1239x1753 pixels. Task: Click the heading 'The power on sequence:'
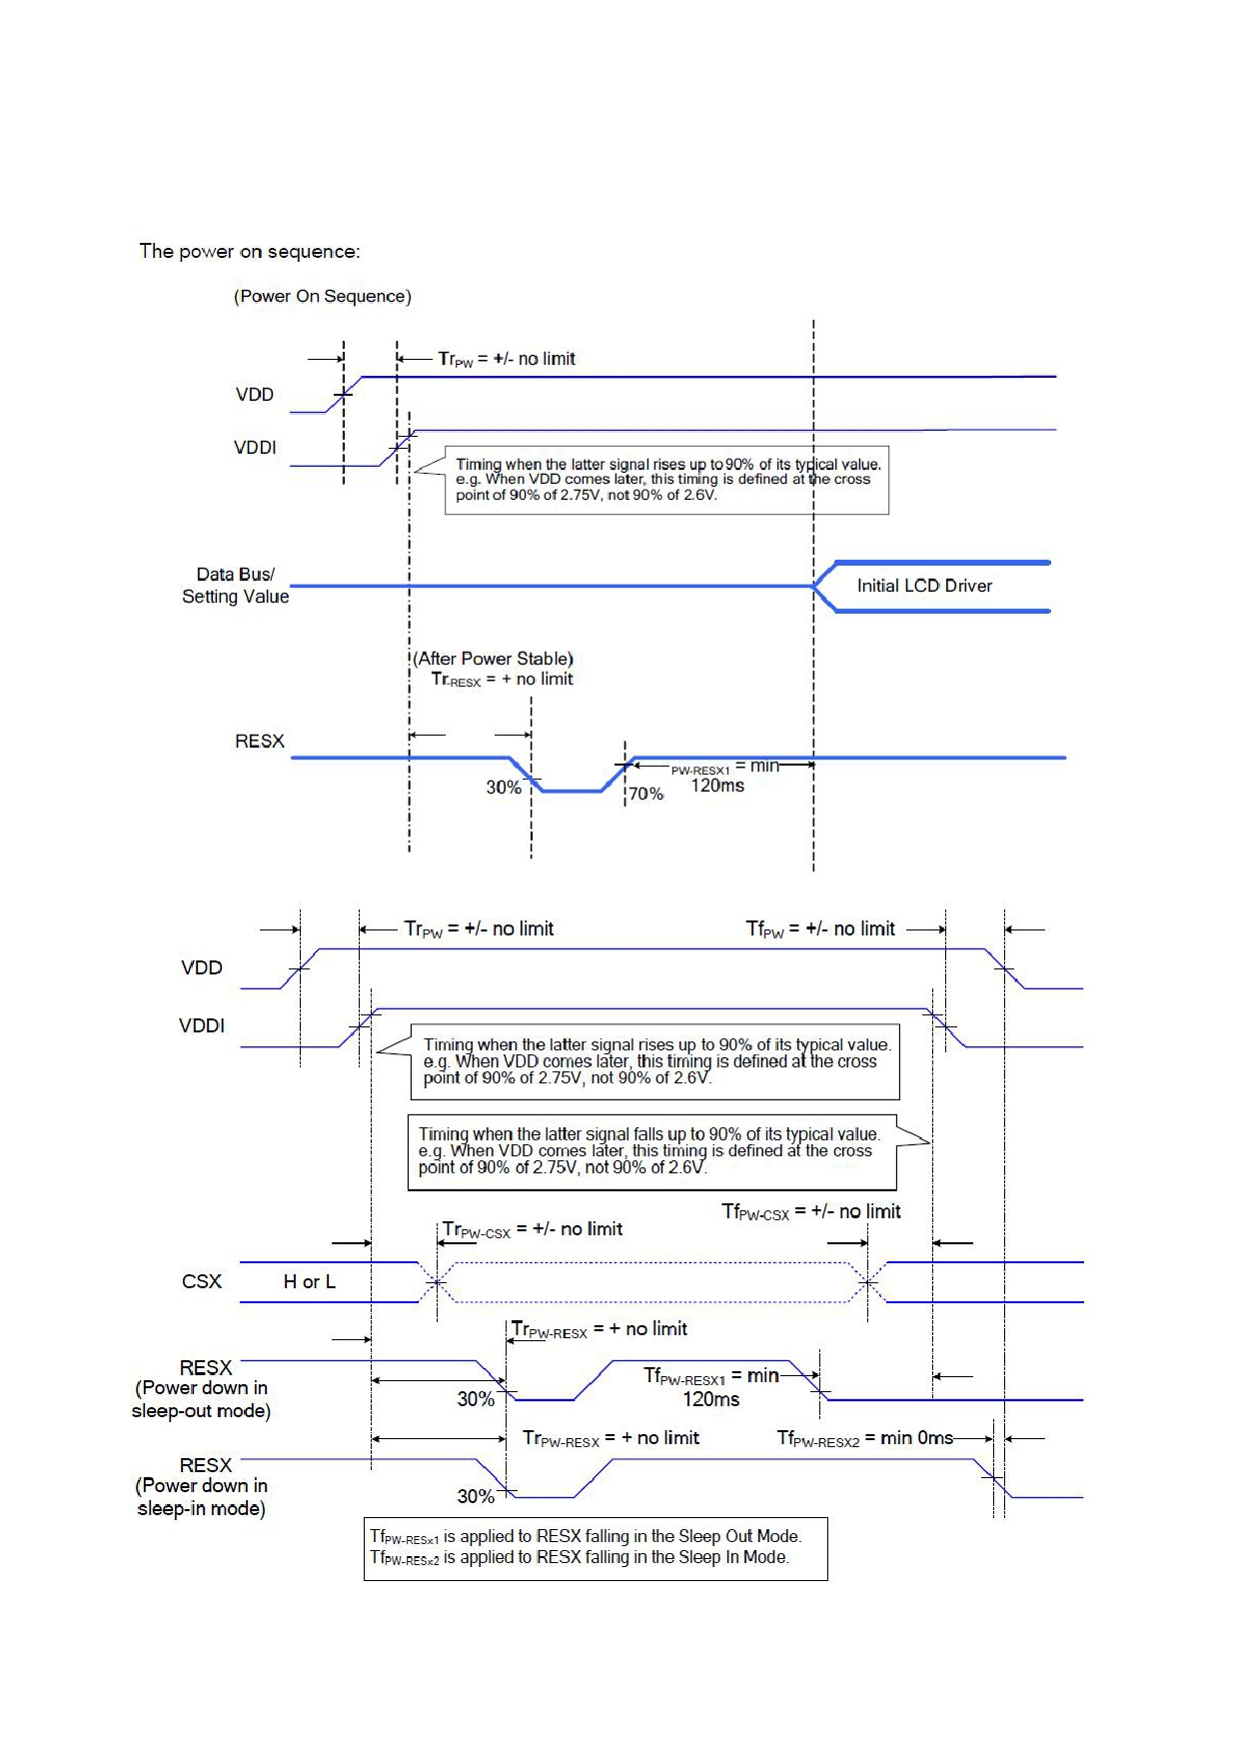(250, 252)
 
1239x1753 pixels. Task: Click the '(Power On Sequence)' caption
(323, 297)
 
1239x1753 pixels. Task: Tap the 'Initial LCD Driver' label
(924, 586)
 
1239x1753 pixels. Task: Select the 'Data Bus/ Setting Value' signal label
(235, 586)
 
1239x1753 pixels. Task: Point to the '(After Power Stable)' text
(494, 659)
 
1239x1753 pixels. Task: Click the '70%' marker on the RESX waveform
(645, 794)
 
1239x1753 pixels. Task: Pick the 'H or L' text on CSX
(310, 1282)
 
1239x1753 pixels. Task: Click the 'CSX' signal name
(202, 1282)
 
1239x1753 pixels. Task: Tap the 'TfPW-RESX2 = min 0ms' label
(865, 1438)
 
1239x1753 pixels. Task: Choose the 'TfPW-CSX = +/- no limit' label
(811, 1212)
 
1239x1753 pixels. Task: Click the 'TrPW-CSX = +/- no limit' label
(533, 1230)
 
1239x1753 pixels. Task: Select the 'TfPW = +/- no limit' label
(820, 929)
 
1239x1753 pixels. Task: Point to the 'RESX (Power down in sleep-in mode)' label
(202, 1487)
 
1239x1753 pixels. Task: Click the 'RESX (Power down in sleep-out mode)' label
(202, 1389)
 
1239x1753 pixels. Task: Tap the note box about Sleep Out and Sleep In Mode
(596, 1549)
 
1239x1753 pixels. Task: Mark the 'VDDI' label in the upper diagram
(255, 448)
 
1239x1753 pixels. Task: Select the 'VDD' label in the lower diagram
(202, 967)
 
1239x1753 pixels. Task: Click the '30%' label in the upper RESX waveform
(504, 788)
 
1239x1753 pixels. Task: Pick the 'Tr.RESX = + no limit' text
(503, 680)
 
